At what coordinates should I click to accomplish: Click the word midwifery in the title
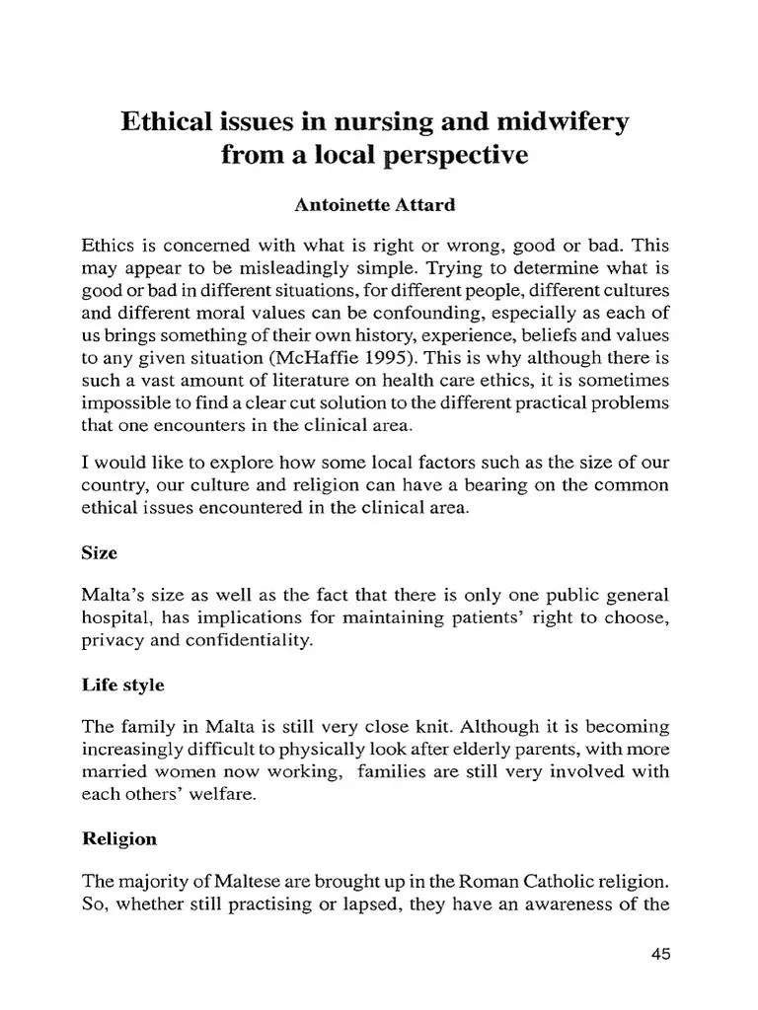coord(560,123)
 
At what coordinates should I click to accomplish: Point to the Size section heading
coord(99,553)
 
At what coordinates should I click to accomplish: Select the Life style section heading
coord(122,684)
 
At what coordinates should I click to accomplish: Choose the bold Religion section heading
coord(118,839)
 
